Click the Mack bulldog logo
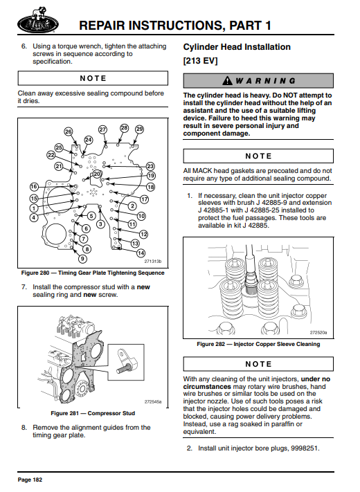[x=37, y=19]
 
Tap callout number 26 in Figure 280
[x=69, y=131]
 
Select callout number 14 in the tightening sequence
[x=141, y=253]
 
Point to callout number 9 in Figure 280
[x=82, y=259]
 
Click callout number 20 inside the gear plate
[x=97, y=174]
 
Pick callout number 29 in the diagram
[x=139, y=129]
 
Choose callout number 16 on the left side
[x=34, y=187]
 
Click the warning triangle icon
[x=227, y=81]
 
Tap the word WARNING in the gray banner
[x=266, y=81]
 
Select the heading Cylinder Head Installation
[x=237, y=47]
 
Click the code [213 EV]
[x=200, y=61]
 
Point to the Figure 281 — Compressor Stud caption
[x=93, y=413]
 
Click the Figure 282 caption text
[x=258, y=344]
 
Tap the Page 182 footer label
[x=30, y=480]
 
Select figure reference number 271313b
[x=152, y=262]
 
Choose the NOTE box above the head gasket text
[x=258, y=156]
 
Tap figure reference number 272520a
[x=318, y=332]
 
